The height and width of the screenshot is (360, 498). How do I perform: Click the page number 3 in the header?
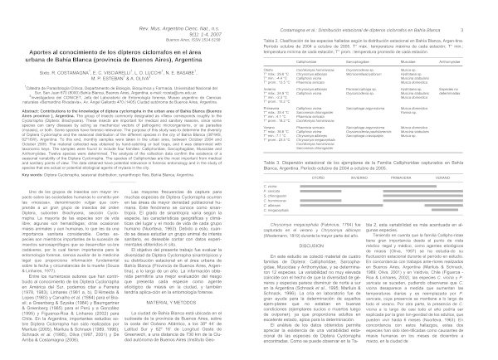483,7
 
